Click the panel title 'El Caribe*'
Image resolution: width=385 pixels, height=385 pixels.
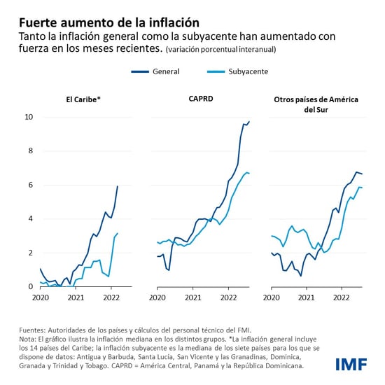(x=79, y=100)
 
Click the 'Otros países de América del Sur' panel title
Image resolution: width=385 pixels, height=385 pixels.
(x=316, y=105)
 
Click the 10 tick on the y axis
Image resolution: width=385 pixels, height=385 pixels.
(x=29, y=117)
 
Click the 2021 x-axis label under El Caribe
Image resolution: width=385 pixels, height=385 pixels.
(x=76, y=297)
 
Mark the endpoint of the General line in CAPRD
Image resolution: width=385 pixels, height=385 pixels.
(x=250, y=122)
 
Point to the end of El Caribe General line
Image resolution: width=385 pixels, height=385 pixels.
(x=118, y=186)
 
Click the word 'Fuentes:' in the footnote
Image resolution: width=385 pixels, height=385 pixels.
(x=35, y=328)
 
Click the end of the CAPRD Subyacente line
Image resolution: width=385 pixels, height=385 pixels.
(x=250, y=173)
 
